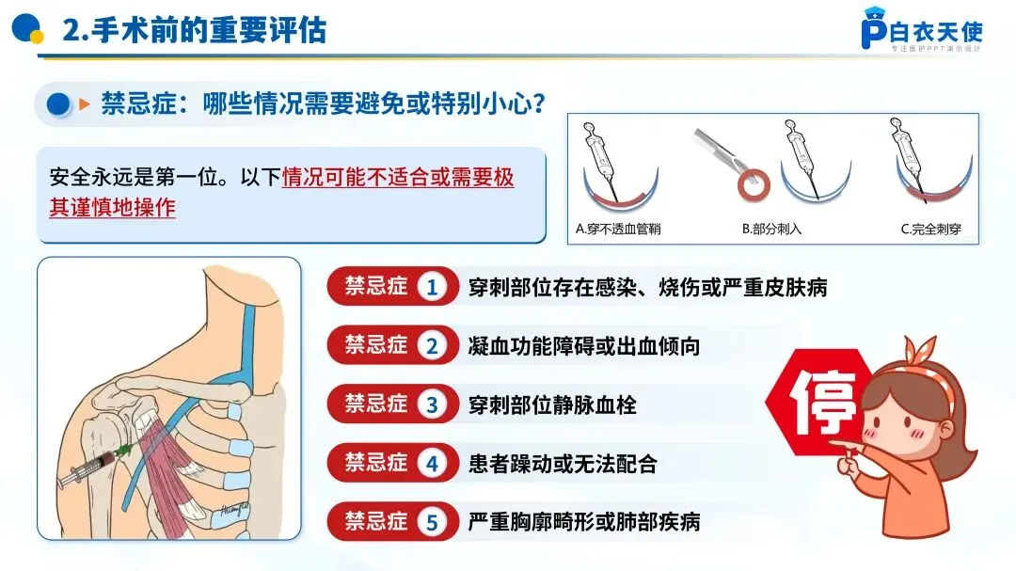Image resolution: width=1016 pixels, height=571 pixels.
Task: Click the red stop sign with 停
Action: point(818,402)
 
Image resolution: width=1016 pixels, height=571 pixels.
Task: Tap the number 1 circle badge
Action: point(432,287)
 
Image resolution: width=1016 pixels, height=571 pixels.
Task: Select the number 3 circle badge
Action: point(432,404)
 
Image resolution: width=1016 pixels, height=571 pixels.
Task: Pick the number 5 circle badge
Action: point(432,522)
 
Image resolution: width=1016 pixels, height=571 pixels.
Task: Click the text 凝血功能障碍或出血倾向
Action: point(584,346)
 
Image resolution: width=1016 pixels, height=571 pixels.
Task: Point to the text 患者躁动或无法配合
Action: point(563,464)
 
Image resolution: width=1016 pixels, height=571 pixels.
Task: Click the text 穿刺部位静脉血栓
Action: point(552,405)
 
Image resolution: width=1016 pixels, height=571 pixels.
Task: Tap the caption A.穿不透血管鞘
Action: point(618,229)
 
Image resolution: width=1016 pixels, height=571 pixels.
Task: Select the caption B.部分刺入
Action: point(771,229)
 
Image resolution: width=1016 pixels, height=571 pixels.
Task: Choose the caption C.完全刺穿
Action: point(930,229)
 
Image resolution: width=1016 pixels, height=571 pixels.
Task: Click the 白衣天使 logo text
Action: point(936,31)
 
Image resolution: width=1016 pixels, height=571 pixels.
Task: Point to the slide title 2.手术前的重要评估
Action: point(195,30)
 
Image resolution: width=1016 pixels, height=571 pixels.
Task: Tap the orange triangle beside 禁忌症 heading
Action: point(84,103)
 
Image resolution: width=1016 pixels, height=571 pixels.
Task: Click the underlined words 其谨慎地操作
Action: point(113,207)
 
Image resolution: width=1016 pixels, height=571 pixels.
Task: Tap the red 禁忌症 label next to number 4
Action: point(375,463)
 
